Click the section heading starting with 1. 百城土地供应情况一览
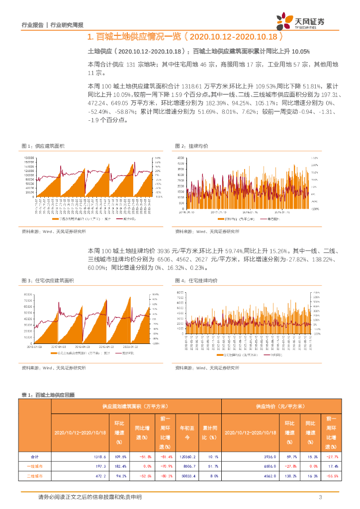[184, 37]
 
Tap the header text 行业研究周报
[67, 25]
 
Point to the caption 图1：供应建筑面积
[43, 146]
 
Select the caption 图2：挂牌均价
[191, 146]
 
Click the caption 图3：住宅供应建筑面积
[48, 281]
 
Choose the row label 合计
[35, 456]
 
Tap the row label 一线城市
[35, 466]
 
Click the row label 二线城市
[35, 476]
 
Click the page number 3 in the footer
[321, 497]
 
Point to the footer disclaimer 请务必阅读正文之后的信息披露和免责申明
[90, 497]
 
